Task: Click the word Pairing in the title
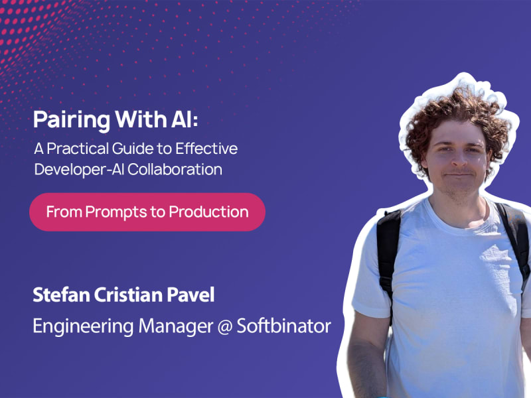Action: point(72,120)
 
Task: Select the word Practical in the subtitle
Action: point(78,149)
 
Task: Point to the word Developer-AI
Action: point(79,170)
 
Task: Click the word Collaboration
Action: point(175,169)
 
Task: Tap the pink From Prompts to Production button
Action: point(147,212)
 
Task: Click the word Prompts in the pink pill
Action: point(116,212)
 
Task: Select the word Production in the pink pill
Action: point(208,212)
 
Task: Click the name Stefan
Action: point(61,295)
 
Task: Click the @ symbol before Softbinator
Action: point(224,326)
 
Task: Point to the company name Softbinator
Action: point(284,326)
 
